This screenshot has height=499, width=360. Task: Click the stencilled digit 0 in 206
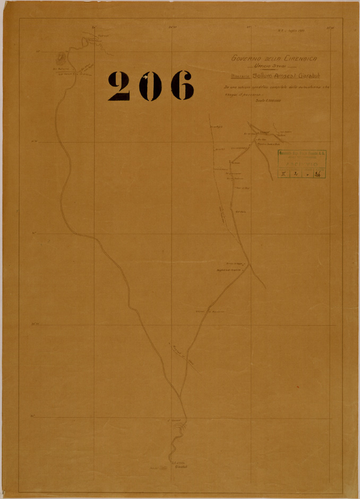click(150, 86)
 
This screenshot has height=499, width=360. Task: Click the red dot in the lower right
click(298, 386)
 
